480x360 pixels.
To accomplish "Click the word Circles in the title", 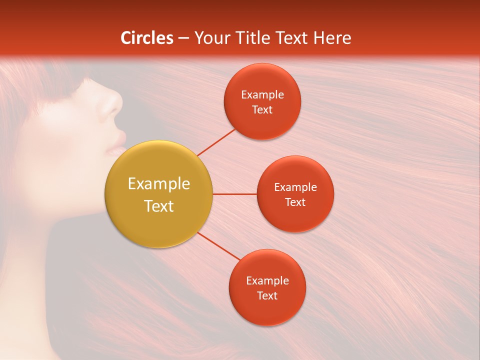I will click(x=147, y=38).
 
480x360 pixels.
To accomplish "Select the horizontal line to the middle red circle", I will click(x=234, y=194).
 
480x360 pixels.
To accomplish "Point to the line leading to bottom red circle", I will click(x=218, y=245).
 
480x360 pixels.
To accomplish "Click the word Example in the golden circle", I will click(x=158, y=184).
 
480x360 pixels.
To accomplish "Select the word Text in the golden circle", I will click(x=158, y=206).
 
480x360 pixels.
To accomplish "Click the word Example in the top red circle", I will click(x=262, y=95).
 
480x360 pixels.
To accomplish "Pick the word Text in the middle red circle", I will click(x=295, y=202).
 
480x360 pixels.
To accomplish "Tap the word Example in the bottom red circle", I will click(x=267, y=281).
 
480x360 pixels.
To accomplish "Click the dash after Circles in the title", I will click(x=183, y=38).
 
